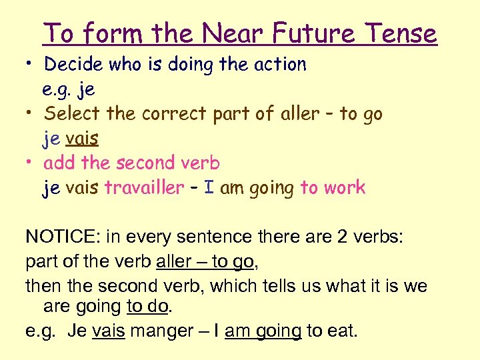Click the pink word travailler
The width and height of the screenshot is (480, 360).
click(x=143, y=188)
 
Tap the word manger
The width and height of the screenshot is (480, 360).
click(x=159, y=330)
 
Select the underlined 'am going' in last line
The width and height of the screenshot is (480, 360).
click(x=263, y=330)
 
